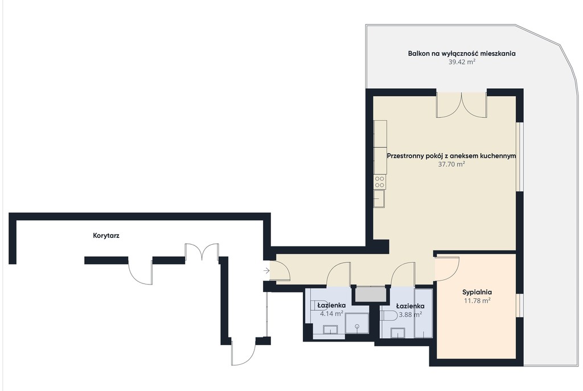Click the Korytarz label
click(x=106, y=236)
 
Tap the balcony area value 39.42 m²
click(x=462, y=62)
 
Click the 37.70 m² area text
click(x=451, y=164)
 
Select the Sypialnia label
click(x=477, y=292)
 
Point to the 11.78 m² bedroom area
click(x=477, y=301)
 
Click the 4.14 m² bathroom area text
click(x=331, y=314)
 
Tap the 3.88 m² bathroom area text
click(x=410, y=314)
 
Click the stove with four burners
click(x=380, y=182)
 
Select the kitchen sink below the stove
click(x=380, y=198)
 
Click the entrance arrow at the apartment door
click(x=266, y=270)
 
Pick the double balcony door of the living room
click(x=461, y=105)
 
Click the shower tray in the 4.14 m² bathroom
click(x=357, y=323)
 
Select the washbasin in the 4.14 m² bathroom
click(x=330, y=330)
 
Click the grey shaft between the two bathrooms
click(x=370, y=294)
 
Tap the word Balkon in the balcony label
click(x=418, y=53)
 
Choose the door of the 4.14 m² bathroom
click(x=338, y=274)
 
